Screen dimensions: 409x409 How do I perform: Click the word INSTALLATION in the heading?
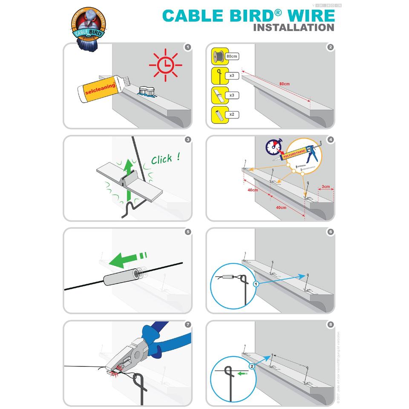click(294, 28)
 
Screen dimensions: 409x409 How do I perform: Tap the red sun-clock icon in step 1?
click(165, 65)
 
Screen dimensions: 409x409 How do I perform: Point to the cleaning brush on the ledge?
click(146, 91)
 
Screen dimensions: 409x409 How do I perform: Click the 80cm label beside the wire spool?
click(232, 56)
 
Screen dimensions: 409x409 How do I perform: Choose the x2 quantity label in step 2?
click(232, 115)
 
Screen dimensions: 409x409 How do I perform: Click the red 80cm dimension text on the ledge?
click(284, 84)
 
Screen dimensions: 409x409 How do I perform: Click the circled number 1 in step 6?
click(256, 284)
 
